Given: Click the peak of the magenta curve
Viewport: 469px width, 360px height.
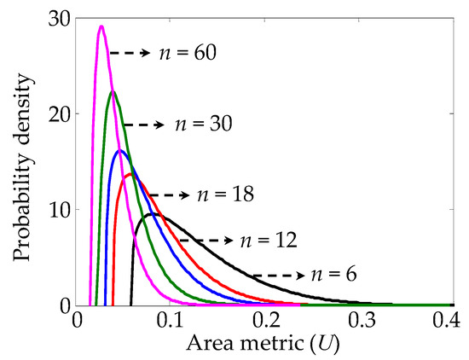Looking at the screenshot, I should point(101,26).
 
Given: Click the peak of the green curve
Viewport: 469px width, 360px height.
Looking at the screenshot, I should point(113,91).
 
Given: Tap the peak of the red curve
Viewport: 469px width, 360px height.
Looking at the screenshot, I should point(131,174).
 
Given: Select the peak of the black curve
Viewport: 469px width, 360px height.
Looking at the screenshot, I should point(153,213).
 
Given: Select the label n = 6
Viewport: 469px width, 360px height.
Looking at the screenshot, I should point(332,275).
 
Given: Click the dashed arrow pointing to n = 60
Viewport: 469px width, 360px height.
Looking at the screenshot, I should point(130,53).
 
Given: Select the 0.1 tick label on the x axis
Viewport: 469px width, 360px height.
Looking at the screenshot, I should point(171,322).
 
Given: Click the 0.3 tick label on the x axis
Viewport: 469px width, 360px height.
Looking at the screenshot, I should point(359,322).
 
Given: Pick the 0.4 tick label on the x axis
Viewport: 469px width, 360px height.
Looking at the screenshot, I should point(452,322).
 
